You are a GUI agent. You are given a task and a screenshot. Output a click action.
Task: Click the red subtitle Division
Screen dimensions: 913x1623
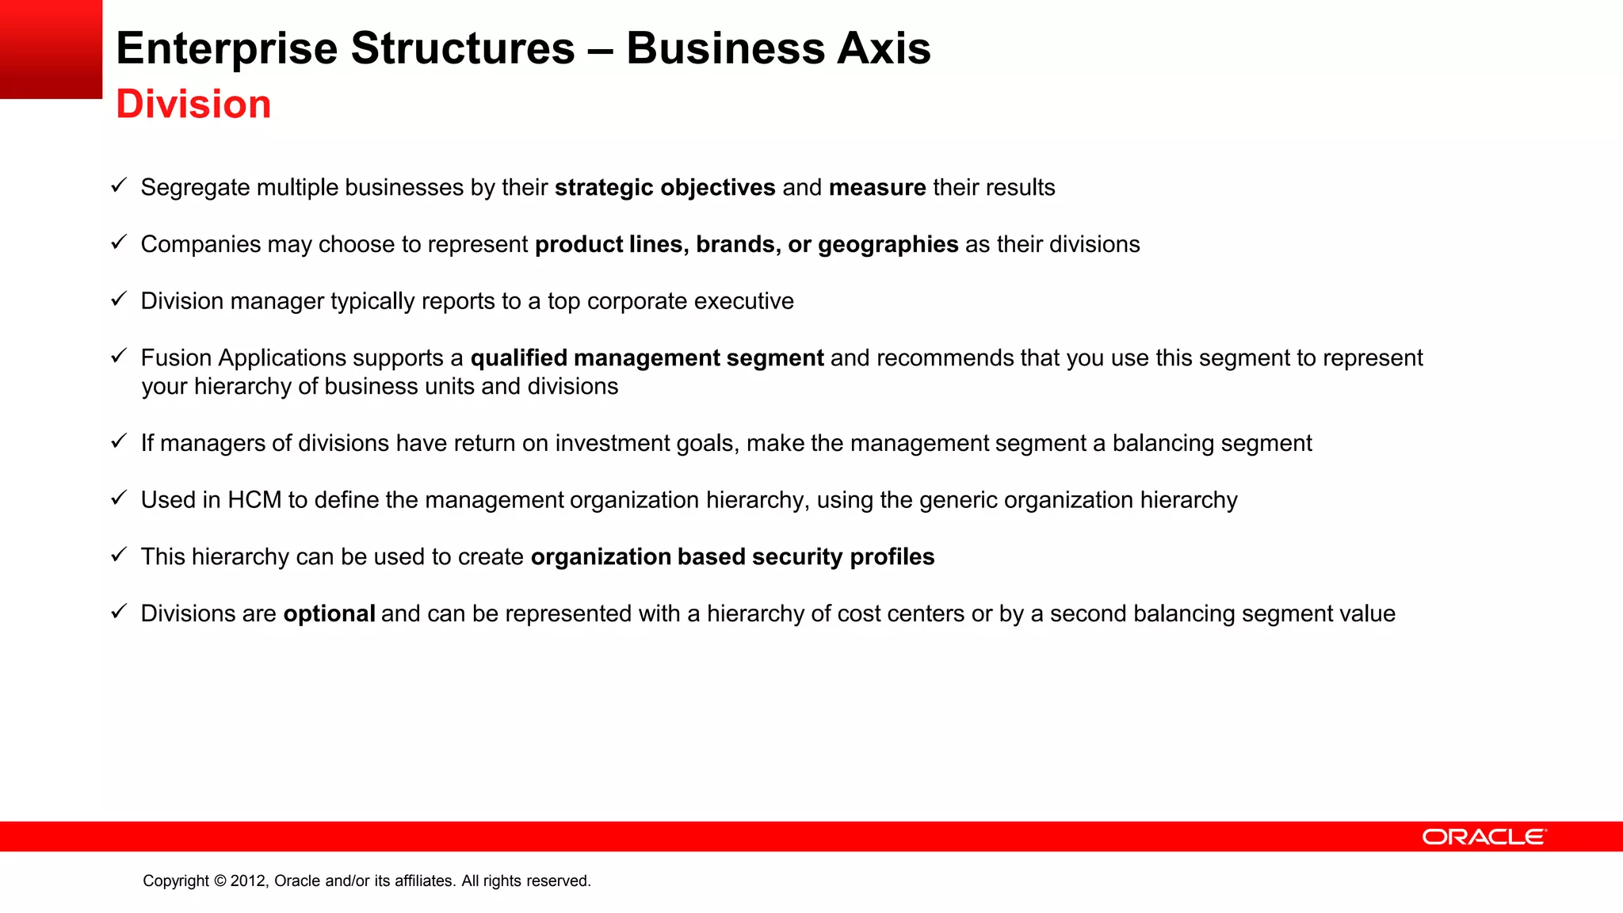tap(193, 105)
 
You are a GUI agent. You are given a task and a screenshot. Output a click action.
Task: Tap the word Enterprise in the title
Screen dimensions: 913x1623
tap(227, 49)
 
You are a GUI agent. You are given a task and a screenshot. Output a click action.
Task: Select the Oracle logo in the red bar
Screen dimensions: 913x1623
tap(1484, 837)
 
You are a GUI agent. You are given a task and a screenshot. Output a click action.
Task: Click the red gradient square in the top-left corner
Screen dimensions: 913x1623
tap(51, 49)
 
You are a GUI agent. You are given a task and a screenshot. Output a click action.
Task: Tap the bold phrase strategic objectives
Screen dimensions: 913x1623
tap(664, 188)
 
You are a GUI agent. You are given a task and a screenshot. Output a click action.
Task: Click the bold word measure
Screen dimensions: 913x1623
tap(876, 188)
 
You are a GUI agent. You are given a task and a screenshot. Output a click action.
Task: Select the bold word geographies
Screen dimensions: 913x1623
tap(888, 245)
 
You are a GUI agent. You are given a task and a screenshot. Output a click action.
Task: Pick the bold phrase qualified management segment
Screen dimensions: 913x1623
tap(647, 358)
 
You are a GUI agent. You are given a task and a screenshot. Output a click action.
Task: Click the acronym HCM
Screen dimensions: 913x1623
tap(254, 500)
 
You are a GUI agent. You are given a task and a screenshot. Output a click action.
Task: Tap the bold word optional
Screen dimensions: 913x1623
tap(329, 614)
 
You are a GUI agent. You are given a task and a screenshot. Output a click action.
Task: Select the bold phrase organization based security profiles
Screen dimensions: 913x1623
tap(732, 557)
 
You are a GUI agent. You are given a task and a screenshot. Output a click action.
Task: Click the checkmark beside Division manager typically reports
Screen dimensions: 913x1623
tap(119, 300)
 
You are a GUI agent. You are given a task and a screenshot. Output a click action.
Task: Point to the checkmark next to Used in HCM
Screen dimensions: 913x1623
tap(119, 499)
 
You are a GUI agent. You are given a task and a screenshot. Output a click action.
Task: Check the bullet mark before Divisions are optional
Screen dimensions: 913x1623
tap(119, 612)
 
